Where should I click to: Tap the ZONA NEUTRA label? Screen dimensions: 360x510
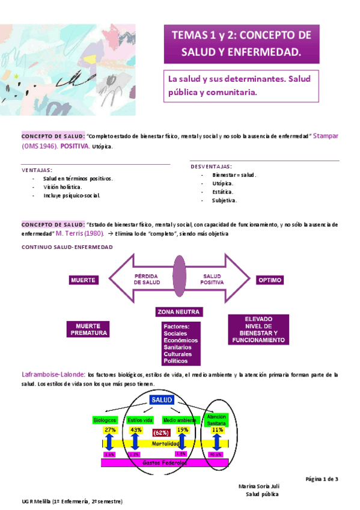[x=178, y=312]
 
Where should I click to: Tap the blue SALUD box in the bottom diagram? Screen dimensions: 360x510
[x=162, y=400]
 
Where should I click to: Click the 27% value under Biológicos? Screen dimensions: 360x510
[x=110, y=430]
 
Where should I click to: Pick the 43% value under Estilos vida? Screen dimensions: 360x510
[x=136, y=430]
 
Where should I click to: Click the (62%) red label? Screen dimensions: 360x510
[x=160, y=432]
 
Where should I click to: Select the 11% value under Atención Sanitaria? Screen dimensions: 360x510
[x=217, y=430]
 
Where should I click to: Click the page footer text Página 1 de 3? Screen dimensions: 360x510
[x=322, y=479]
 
